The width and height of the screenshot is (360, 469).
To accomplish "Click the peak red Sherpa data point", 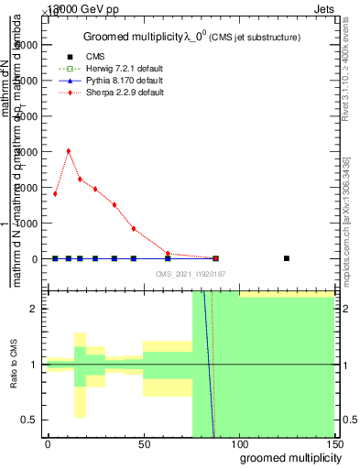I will point(69,151).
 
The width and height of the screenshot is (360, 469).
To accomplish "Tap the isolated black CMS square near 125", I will point(287,258).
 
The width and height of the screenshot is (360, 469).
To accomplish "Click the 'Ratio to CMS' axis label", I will point(16,365).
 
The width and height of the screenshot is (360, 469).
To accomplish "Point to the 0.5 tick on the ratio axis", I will point(31,420).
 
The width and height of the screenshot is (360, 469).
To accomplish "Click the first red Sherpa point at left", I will point(55,193).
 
